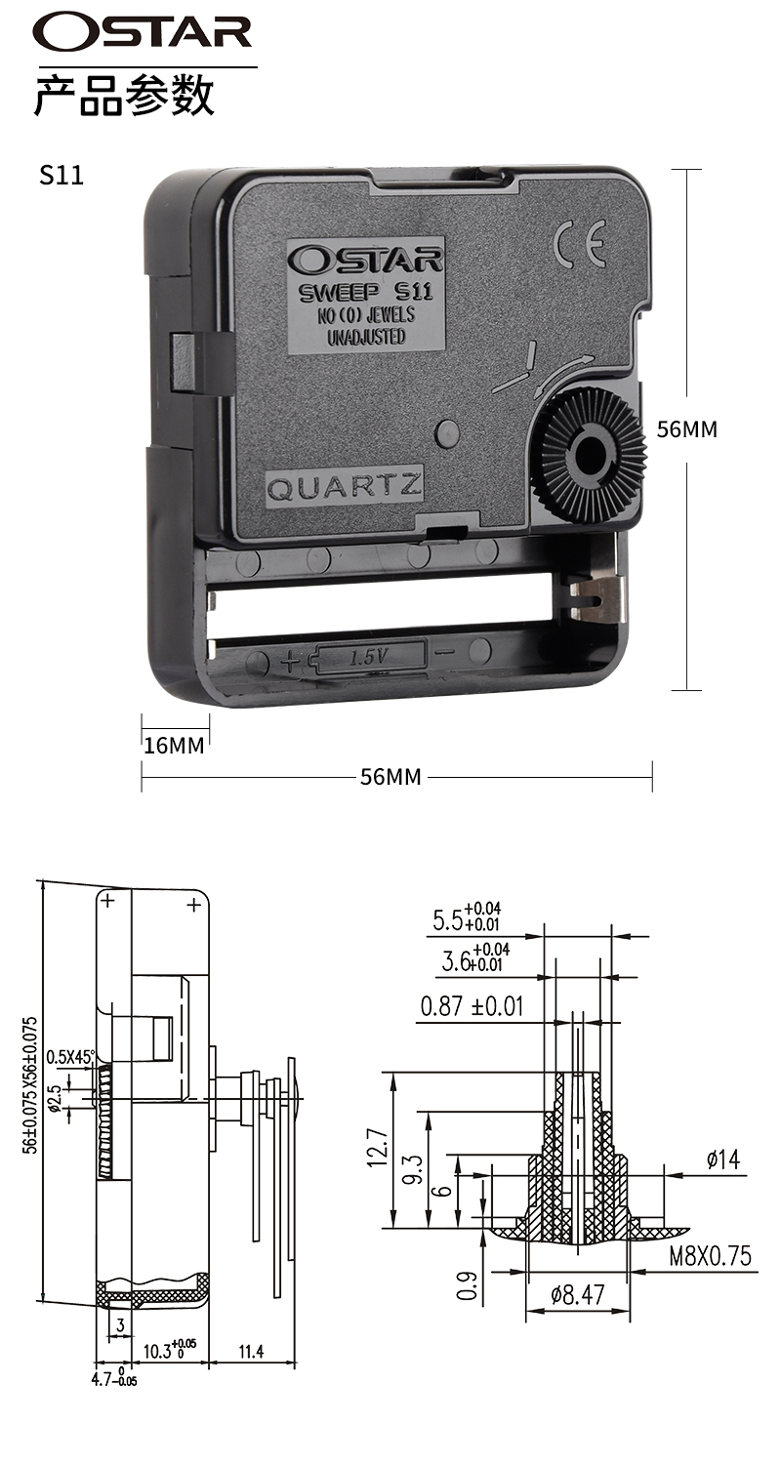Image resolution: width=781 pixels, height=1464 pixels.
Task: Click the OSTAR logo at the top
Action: pos(143,32)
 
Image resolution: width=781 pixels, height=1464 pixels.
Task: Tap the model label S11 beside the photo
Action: pos(62,175)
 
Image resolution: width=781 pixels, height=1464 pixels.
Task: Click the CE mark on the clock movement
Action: pos(580,243)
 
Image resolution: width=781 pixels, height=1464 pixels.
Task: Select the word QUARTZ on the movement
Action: pos(344,486)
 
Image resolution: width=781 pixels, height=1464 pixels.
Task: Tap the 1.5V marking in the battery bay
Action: pos(369,657)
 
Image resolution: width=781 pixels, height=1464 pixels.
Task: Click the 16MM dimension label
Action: pos(174,745)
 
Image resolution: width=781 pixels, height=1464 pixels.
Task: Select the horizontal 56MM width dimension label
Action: pos(390,777)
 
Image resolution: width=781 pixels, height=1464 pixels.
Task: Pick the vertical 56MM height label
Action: pos(687,429)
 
